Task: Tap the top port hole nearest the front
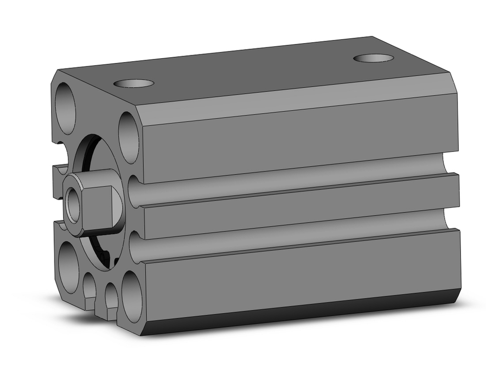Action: click(x=134, y=83)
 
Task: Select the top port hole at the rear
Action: click(x=373, y=58)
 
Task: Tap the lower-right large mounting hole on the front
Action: click(x=132, y=297)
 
